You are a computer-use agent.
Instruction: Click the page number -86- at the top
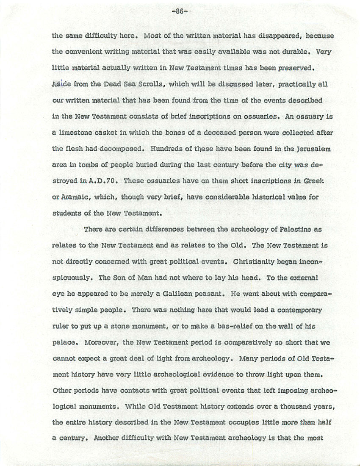180,11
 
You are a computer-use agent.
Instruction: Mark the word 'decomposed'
122,149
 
